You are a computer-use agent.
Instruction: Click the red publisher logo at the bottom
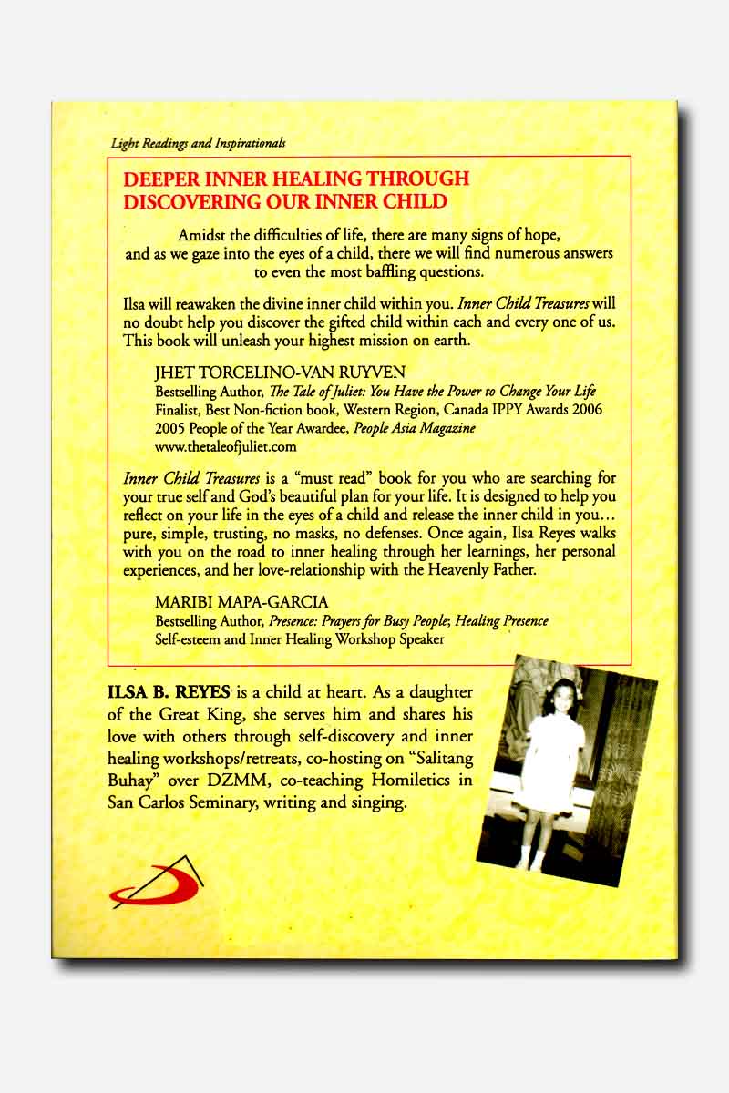click(157, 884)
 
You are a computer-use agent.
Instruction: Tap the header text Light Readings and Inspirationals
click(198, 143)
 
